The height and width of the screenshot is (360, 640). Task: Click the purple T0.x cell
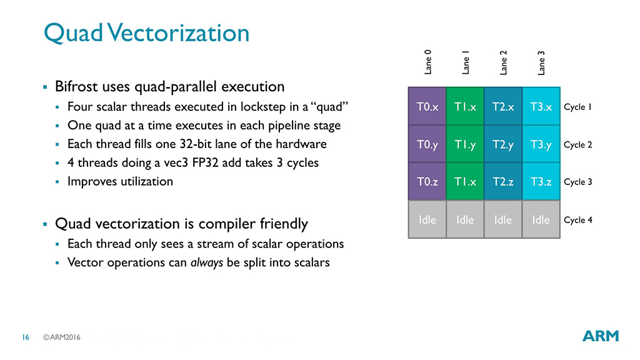click(427, 106)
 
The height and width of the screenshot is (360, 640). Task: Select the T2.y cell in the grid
click(503, 144)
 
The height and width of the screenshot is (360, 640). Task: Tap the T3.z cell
click(541, 181)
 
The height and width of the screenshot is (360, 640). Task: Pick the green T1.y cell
click(465, 144)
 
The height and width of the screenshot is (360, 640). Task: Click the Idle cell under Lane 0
click(427, 219)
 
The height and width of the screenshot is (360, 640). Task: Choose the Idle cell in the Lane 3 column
click(541, 219)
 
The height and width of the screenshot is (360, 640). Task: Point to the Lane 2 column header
click(503, 62)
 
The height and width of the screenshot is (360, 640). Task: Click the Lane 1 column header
click(465, 62)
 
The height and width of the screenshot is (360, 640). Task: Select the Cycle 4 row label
click(577, 220)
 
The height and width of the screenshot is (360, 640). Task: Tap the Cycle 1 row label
click(577, 107)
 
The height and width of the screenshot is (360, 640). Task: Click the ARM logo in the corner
click(601, 336)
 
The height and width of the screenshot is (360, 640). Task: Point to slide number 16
click(26, 337)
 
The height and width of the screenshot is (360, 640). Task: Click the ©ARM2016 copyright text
click(62, 337)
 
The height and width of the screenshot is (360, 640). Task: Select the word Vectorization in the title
click(178, 32)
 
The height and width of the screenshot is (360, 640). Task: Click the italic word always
click(206, 262)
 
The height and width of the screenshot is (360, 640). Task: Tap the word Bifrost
click(76, 86)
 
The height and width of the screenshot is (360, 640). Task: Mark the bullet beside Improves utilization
click(57, 182)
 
